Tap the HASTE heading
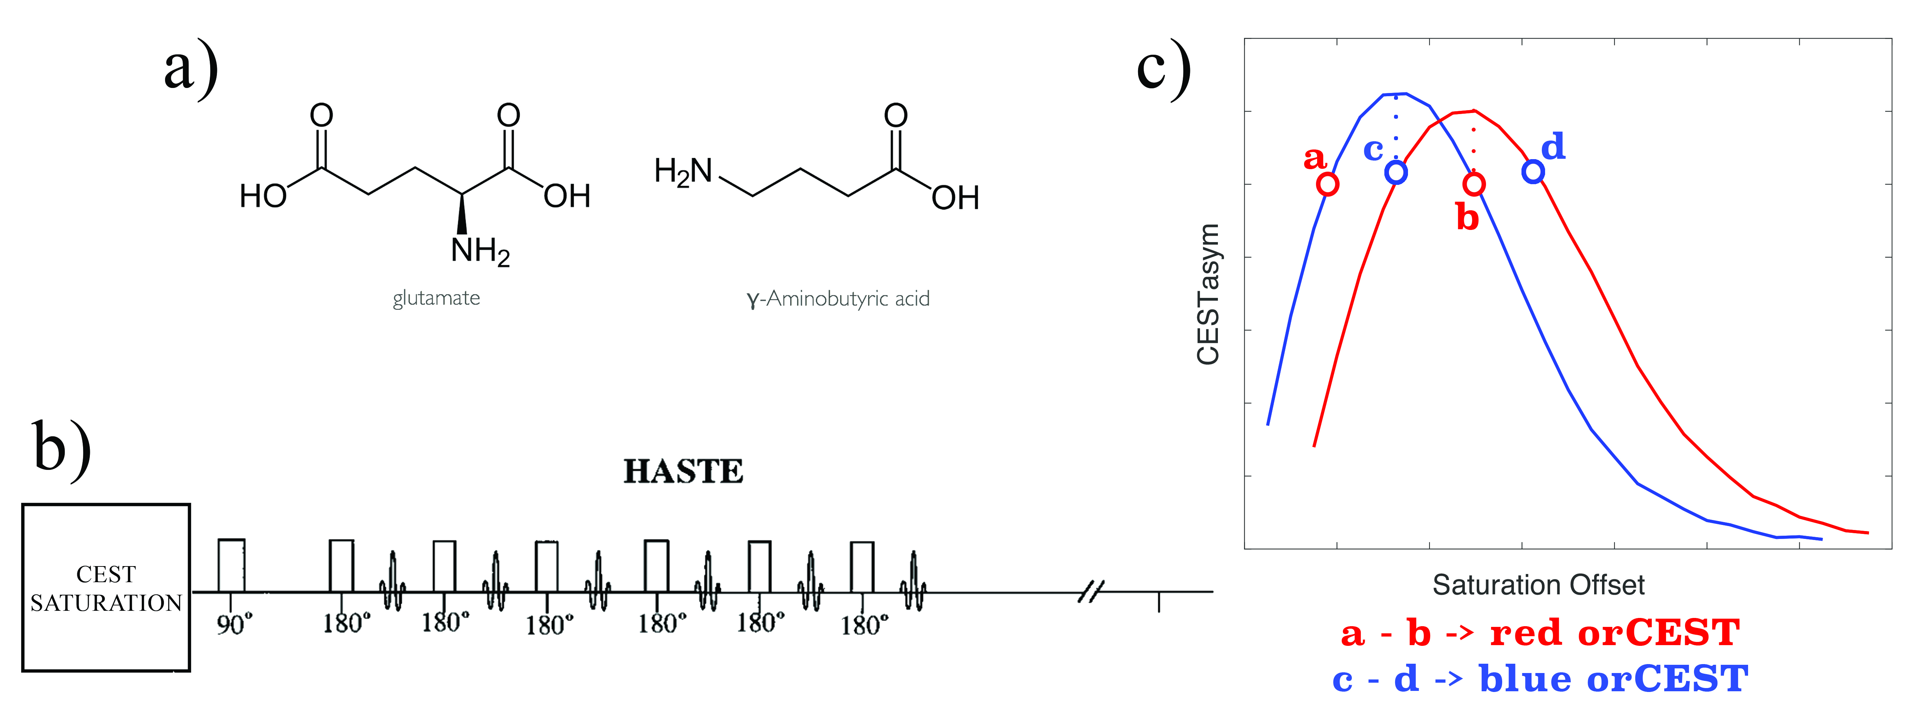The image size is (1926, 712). click(x=683, y=471)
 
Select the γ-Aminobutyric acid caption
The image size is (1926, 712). click(x=838, y=299)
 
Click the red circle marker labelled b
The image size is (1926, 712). click(x=1473, y=184)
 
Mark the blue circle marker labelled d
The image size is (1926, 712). click(x=1533, y=172)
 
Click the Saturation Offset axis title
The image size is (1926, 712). click(x=1538, y=585)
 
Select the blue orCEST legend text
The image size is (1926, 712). click(x=1540, y=679)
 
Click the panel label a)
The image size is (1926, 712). click(x=191, y=69)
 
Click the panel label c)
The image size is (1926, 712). click(x=1163, y=69)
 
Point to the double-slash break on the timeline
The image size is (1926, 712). click(x=1091, y=592)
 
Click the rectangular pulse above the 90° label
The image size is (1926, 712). click(x=231, y=565)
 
